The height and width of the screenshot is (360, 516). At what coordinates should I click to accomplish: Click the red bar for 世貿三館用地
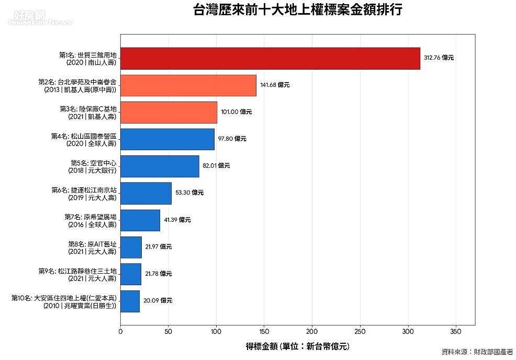[270, 58]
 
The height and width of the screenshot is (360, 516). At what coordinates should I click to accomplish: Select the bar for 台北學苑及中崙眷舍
[188, 85]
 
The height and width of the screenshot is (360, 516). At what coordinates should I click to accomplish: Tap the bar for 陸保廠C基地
[169, 112]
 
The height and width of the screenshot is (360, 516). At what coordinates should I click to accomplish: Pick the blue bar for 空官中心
[160, 166]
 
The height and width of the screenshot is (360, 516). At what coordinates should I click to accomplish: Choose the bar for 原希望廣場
[140, 220]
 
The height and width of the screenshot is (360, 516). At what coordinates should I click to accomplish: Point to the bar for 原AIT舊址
[131, 247]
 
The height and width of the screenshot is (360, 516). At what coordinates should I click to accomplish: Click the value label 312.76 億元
[439, 58]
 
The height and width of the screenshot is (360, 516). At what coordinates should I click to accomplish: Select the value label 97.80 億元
[232, 139]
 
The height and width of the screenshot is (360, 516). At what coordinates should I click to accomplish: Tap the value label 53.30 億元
[189, 193]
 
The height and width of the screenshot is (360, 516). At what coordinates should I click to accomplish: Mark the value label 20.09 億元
[158, 301]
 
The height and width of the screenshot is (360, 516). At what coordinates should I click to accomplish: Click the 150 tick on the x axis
[264, 331]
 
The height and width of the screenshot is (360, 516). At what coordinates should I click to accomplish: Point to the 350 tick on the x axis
[456, 331]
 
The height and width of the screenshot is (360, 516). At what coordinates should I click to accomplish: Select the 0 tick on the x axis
[120, 331]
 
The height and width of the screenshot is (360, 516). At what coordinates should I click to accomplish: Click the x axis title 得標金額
[297, 346]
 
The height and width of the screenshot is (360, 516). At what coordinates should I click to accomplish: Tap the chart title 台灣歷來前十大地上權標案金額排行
[297, 10]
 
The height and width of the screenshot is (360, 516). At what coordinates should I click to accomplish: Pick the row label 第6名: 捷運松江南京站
[84, 193]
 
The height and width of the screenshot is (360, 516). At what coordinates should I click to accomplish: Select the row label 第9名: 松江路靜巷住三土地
[77, 274]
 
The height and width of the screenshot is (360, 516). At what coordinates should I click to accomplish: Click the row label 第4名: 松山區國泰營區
[84, 139]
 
